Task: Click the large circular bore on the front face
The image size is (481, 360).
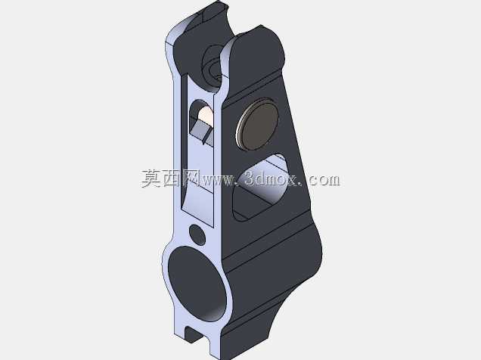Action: click(x=197, y=284)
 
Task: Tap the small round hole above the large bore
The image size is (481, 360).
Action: click(x=197, y=235)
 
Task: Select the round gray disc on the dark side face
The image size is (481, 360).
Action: click(x=258, y=124)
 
